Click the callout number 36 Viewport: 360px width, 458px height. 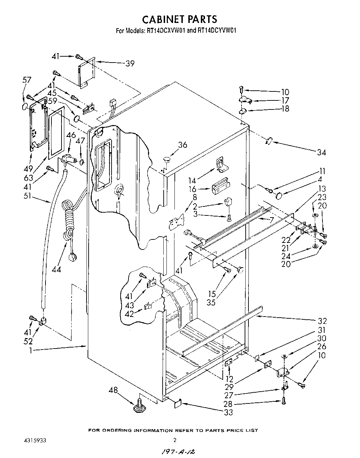point(182,145)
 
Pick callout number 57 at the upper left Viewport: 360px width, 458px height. point(26,80)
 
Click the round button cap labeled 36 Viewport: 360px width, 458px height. point(167,160)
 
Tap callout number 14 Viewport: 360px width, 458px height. point(192,180)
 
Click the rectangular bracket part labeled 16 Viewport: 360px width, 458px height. point(220,188)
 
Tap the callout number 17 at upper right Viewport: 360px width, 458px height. point(285,100)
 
